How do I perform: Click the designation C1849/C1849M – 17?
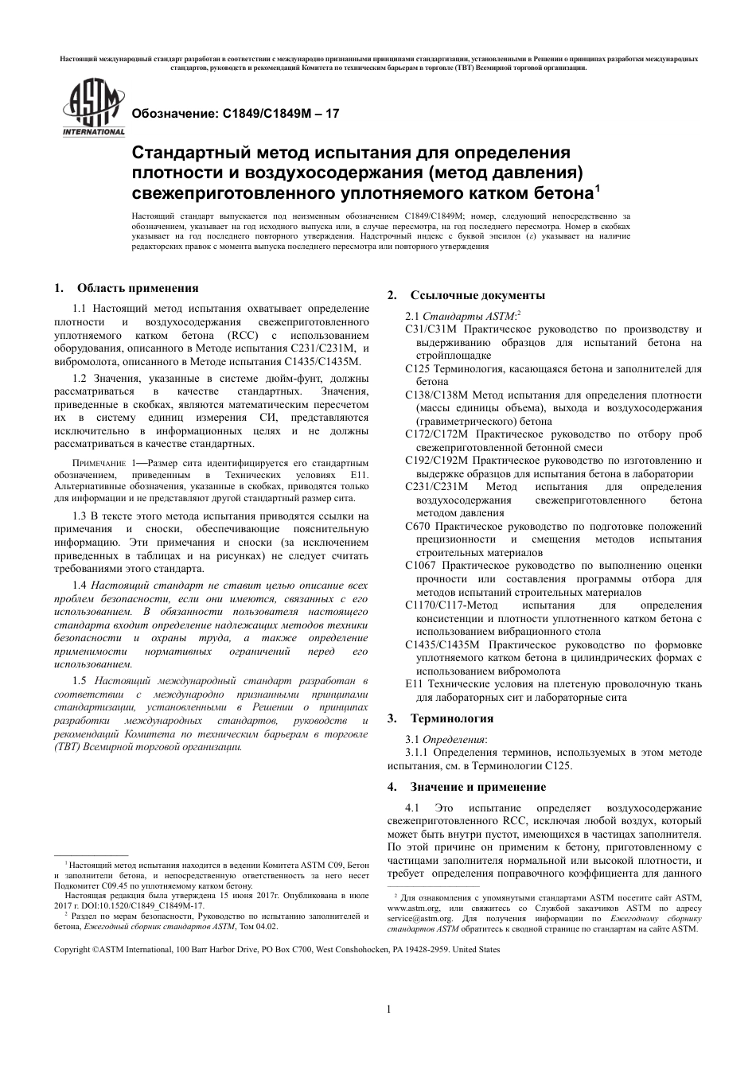235,114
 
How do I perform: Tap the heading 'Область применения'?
137,288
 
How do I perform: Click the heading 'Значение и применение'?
477,787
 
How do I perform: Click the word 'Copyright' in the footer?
72,950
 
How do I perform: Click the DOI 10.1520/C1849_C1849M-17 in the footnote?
156,905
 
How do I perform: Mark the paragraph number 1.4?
80,586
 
